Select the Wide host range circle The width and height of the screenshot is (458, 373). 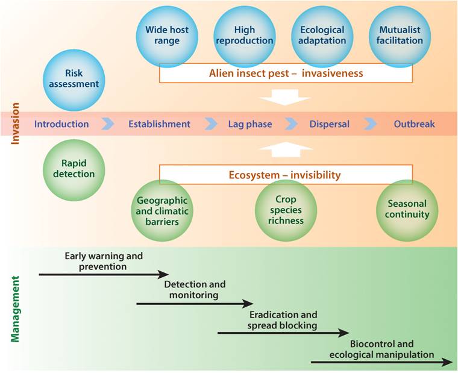point(167,35)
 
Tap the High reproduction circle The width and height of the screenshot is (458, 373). point(245,35)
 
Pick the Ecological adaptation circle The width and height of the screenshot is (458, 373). point(322,35)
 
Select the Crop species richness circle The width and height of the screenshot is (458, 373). point(285,211)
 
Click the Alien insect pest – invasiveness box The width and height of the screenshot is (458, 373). point(286,74)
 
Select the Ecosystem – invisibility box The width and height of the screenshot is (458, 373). point(286,175)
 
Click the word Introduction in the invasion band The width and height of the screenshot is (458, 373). point(61,124)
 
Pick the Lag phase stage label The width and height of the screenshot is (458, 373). point(250,124)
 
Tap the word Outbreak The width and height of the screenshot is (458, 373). point(414,124)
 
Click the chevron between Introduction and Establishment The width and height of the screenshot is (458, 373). point(108,124)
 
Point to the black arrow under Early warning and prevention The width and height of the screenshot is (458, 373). point(103,274)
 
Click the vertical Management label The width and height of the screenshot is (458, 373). point(16,309)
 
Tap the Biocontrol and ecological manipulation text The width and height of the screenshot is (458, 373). point(381,349)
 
